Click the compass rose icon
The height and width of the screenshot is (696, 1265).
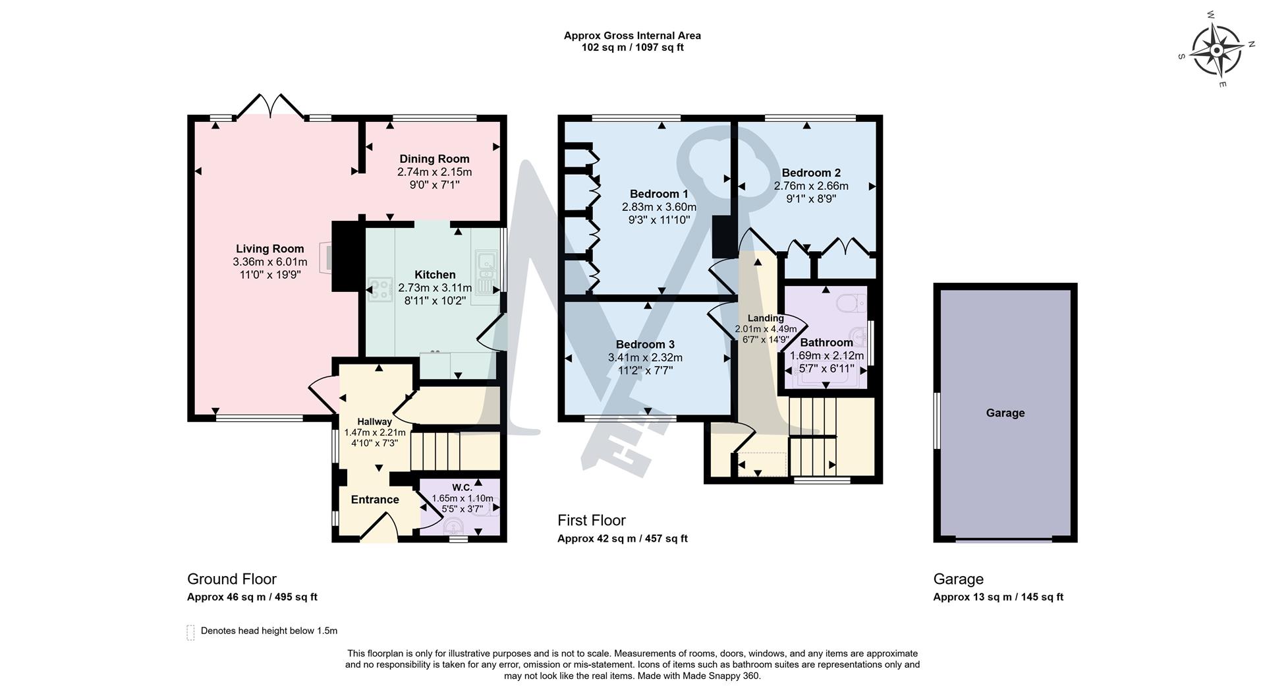(x=1216, y=50)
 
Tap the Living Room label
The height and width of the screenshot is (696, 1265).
(x=270, y=248)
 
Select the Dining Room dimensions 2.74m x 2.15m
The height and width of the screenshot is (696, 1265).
(x=434, y=172)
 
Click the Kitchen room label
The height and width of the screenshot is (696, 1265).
(x=435, y=275)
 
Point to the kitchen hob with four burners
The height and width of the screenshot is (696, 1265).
(x=380, y=289)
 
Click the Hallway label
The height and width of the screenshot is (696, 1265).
(x=374, y=422)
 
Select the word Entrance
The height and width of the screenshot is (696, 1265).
(x=375, y=500)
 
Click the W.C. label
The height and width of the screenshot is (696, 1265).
(x=462, y=488)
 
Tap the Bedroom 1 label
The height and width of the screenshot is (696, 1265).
(x=659, y=194)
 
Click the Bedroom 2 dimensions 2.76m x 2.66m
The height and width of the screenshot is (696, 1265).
(x=811, y=186)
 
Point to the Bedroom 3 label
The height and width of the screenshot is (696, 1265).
(x=645, y=344)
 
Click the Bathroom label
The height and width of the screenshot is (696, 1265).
(x=826, y=342)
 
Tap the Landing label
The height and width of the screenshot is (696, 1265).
(x=766, y=318)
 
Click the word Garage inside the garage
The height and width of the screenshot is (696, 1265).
(x=1005, y=413)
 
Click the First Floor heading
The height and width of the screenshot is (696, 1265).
(x=592, y=520)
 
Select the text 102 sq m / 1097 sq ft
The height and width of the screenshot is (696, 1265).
(x=632, y=47)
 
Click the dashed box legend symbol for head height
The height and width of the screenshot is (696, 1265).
(x=191, y=632)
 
